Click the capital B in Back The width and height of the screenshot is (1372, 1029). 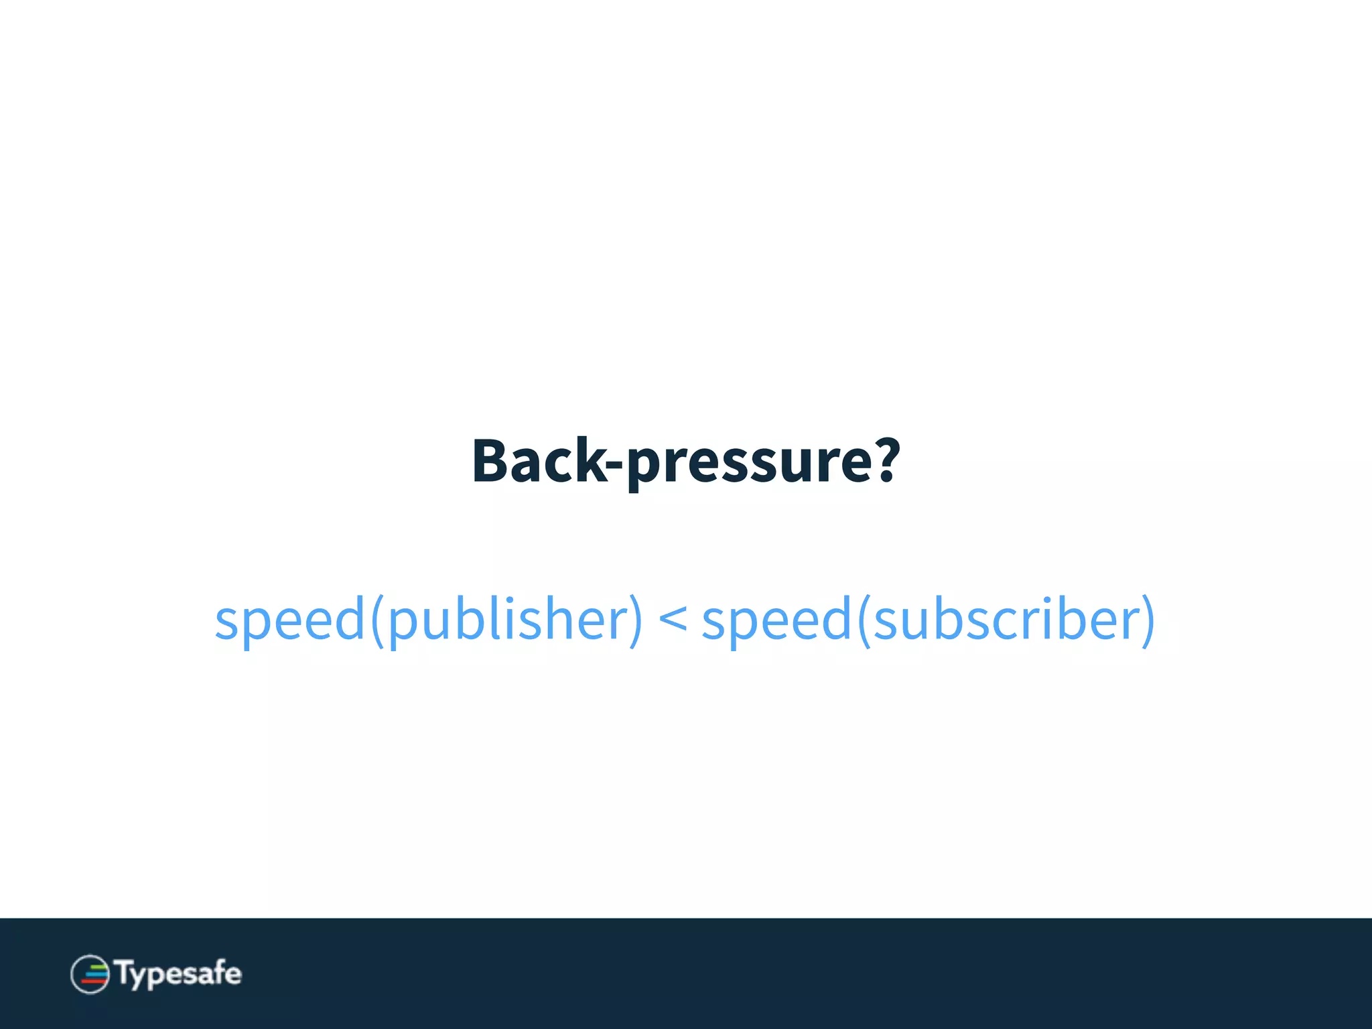(492, 461)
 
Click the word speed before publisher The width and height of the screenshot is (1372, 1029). (289, 620)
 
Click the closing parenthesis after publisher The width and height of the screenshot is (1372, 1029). (635, 620)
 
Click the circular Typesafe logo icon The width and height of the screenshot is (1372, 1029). (90, 974)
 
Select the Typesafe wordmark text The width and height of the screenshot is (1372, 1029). (178, 973)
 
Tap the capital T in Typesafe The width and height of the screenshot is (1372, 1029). (125, 971)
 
